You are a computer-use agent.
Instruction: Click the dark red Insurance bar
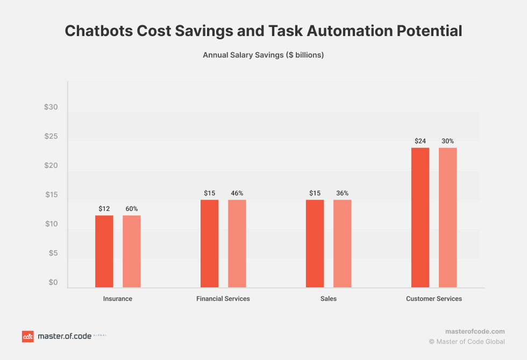104,251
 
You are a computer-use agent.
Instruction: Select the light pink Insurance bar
132,251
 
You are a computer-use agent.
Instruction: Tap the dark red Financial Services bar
210,243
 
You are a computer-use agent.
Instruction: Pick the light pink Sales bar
343,243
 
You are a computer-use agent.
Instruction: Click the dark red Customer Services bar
421,217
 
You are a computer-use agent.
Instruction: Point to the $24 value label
421,141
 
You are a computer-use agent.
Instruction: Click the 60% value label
132,208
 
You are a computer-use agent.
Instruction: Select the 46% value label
237,193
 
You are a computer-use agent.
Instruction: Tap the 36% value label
343,193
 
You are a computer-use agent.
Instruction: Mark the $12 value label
104,208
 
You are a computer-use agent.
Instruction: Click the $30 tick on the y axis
51,107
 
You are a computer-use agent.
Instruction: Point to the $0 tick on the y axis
53,283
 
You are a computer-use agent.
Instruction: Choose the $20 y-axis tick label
51,166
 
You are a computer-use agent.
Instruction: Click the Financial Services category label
223,299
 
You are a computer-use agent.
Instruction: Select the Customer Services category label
434,299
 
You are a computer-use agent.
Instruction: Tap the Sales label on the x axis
329,299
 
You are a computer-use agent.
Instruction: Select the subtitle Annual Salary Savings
263,55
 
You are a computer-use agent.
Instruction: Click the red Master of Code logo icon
27,336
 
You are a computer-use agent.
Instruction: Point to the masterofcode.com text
475,331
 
